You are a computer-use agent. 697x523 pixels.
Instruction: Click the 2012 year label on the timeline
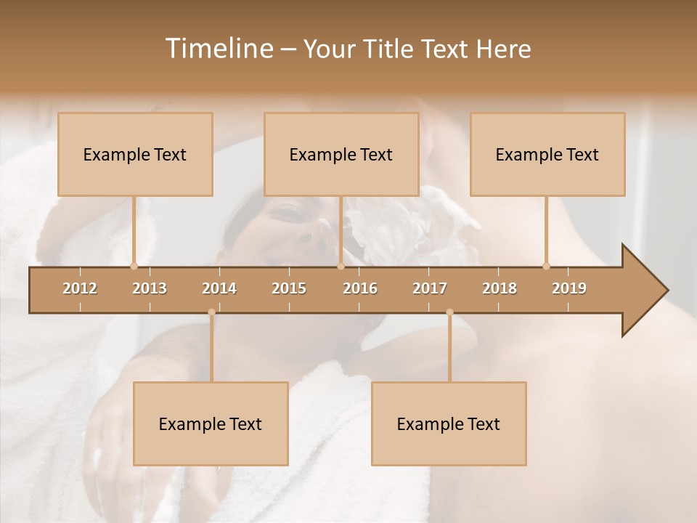point(80,288)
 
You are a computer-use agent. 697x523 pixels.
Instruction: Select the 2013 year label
point(150,288)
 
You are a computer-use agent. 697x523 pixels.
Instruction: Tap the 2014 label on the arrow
point(219,288)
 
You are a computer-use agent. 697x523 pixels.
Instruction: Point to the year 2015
point(289,288)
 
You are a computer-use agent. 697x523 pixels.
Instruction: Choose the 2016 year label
point(360,288)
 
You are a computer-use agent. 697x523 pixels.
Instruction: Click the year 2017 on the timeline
point(430,288)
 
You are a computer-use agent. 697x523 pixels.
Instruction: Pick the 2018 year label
point(500,288)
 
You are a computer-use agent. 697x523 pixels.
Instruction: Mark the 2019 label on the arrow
point(569,288)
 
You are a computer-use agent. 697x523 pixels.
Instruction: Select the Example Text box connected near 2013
point(135,155)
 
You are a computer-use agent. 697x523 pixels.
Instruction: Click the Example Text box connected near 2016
point(341,155)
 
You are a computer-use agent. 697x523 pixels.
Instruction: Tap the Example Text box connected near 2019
point(547,155)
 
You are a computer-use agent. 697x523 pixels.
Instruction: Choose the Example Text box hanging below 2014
point(211,424)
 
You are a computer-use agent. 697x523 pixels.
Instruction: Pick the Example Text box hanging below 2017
point(449,424)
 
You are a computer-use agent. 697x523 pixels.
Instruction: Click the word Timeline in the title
point(218,49)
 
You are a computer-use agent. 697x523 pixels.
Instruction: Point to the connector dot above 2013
point(134,267)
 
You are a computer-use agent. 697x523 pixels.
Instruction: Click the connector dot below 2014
point(211,312)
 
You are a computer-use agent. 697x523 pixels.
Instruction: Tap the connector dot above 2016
point(341,267)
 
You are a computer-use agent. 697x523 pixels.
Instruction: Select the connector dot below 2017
point(449,312)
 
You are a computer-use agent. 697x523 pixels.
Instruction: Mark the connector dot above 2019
point(546,267)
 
